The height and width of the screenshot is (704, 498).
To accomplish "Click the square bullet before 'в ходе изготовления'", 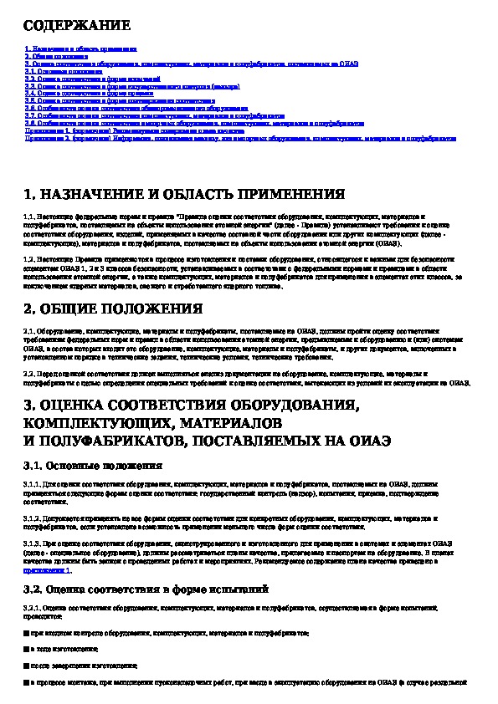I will (28, 648).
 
